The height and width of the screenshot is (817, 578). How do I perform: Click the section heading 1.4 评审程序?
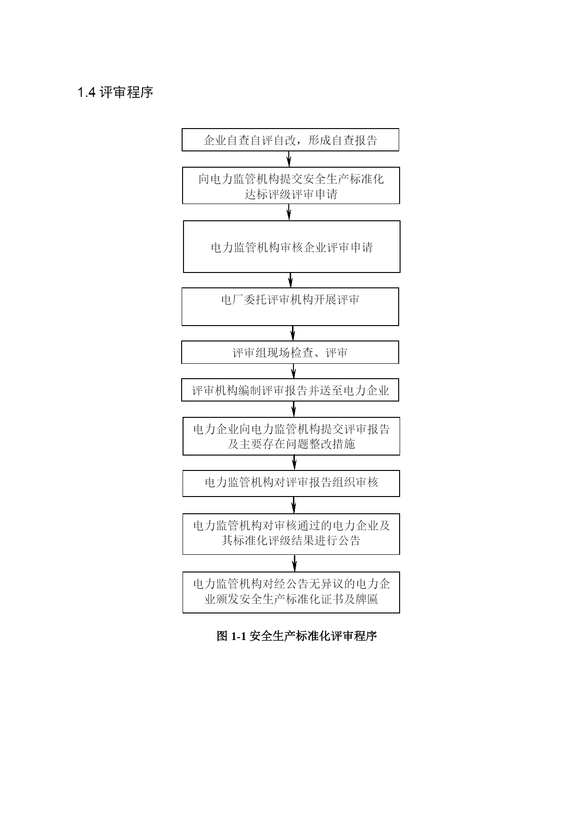point(115,92)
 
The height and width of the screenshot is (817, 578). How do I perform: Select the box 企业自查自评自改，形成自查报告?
point(290,140)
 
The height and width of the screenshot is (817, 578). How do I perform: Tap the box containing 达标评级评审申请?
point(291,185)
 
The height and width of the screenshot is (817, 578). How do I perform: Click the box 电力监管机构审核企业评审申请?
point(292,246)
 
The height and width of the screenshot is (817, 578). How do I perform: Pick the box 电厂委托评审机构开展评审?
point(290,306)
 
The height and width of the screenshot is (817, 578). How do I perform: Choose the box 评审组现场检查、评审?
point(290,352)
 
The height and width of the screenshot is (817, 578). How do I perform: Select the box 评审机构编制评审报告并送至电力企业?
point(290,390)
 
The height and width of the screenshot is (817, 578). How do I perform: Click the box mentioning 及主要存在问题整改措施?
point(291,436)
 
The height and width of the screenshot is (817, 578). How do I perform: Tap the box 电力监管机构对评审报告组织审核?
point(291,483)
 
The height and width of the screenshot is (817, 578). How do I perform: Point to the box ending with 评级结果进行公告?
point(291,534)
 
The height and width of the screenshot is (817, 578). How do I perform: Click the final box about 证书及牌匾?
point(291,592)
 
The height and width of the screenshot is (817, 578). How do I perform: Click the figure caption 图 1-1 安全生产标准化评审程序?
point(297,636)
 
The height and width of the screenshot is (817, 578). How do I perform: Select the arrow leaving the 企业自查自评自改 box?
point(289,159)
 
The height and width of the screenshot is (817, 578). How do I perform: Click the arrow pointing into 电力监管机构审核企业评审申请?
point(289,212)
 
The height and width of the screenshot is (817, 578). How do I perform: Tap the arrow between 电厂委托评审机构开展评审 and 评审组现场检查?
point(293,333)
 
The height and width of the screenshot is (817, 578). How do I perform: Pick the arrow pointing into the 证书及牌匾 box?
point(294,563)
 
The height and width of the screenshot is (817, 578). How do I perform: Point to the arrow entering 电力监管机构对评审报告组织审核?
point(294,463)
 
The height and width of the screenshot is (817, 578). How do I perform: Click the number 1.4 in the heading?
point(87,93)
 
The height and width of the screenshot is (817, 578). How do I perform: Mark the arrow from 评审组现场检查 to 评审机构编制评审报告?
point(293,371)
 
